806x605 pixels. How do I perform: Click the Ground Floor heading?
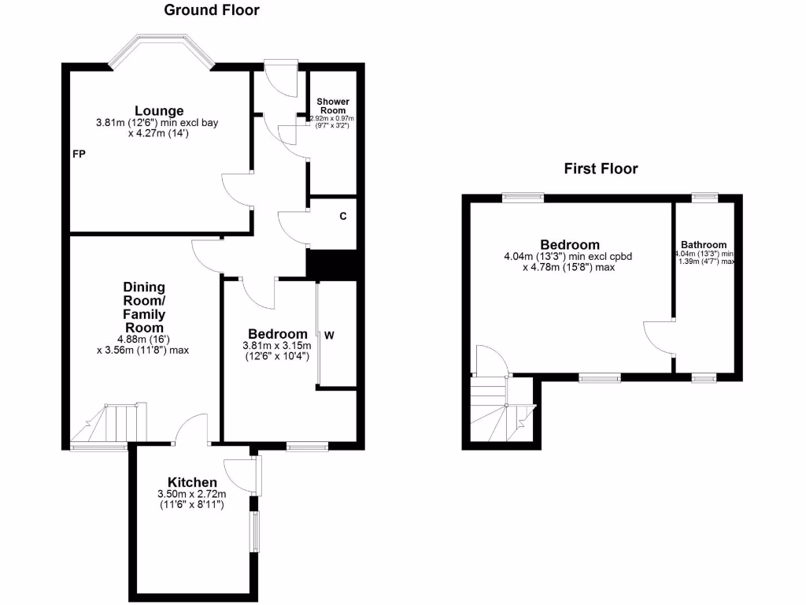211,10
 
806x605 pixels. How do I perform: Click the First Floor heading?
601,169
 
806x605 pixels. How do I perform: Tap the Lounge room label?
159,111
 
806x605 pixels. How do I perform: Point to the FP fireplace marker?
79,154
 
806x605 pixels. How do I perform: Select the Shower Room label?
332,106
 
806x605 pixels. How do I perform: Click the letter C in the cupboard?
343,216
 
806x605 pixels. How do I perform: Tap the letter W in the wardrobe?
330,335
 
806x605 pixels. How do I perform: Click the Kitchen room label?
192,482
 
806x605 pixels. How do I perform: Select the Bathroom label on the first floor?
704,245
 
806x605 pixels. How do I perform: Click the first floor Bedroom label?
570,245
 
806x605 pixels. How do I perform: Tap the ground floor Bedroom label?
278,334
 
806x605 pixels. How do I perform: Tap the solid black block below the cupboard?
332,264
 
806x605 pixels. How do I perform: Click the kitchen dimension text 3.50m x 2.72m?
192,494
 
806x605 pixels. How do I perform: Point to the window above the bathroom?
704,197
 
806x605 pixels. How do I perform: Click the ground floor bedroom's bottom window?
308,447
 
